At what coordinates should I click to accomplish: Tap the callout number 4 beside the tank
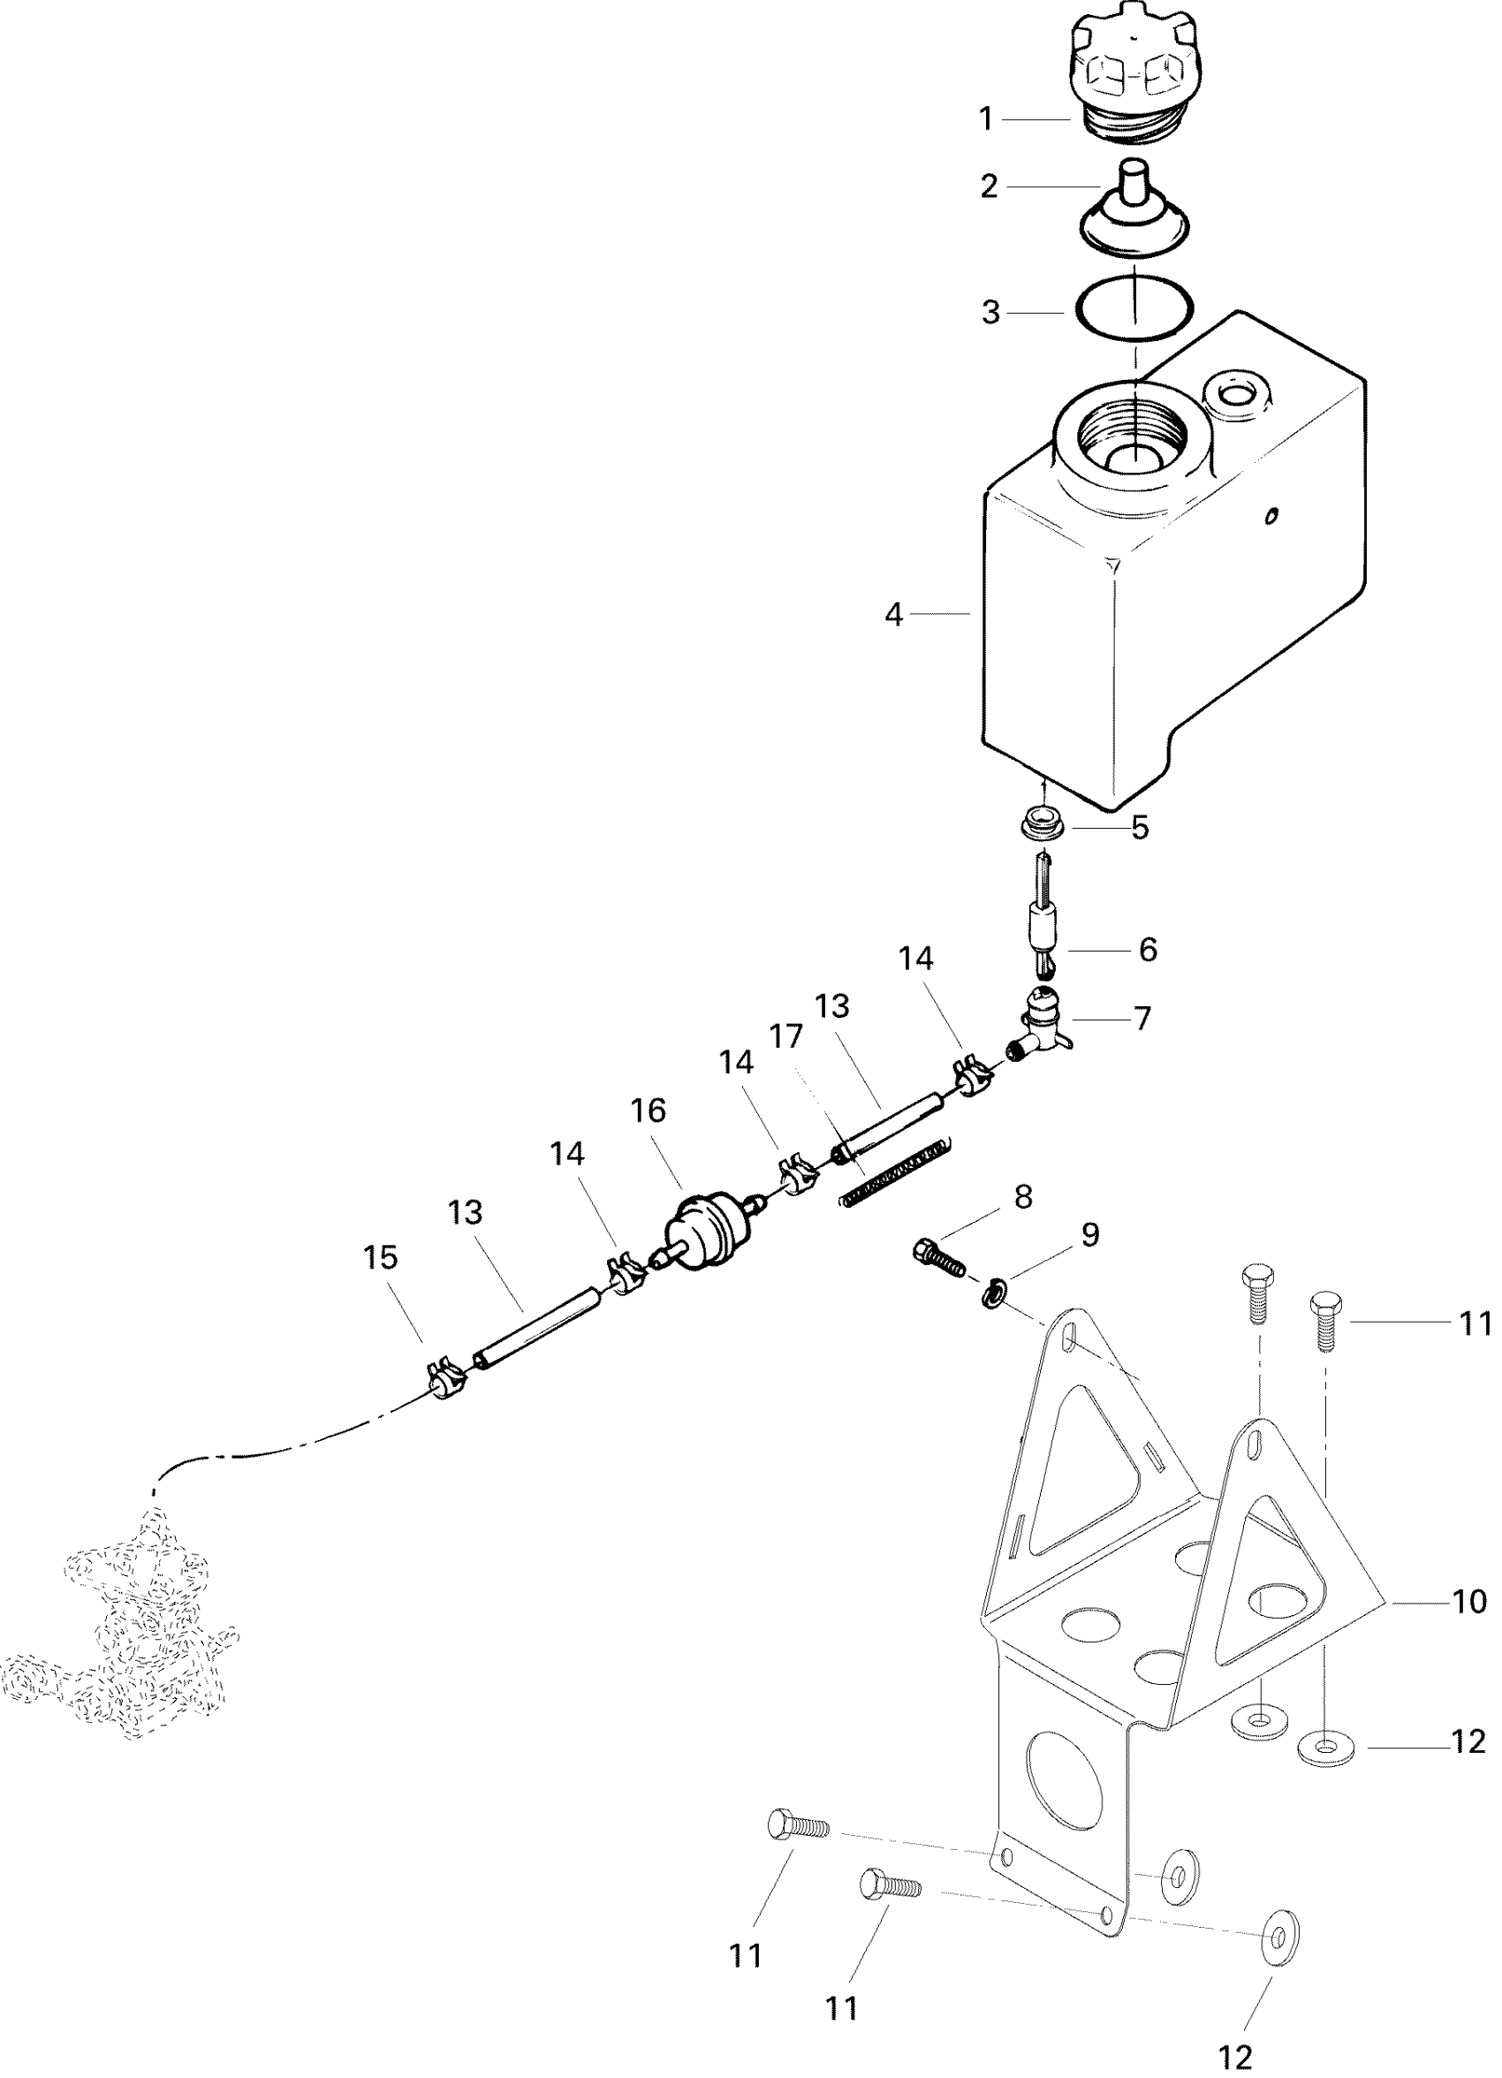893,615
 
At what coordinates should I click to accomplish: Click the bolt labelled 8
939,1255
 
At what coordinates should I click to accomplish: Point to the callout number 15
380,1257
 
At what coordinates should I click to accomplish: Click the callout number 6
1148,949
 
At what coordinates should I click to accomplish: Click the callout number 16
648,1111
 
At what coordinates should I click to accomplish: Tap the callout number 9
1089,1235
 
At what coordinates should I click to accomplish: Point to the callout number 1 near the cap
986,119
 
